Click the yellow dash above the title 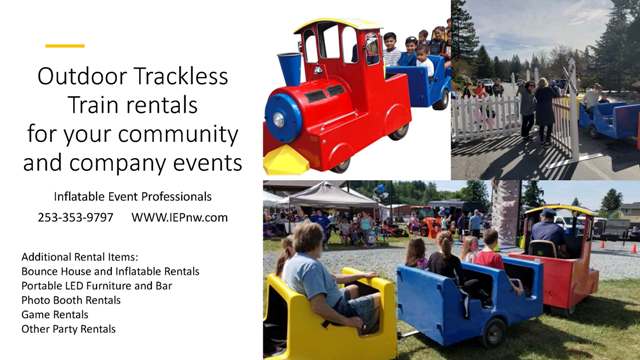point(65,46)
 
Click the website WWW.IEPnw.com point(179,217)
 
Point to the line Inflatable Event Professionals point(132,197)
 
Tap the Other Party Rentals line point(68,329)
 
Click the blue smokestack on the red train point(291,68)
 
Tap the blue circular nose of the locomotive point(283,118)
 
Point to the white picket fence point(484,117)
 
